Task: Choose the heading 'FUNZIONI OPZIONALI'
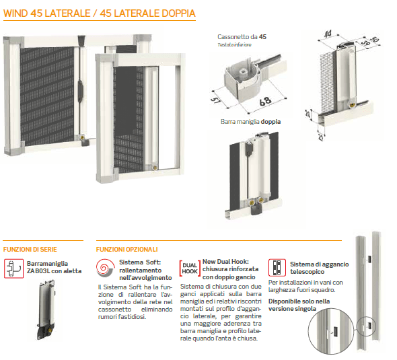(x=127, y=249)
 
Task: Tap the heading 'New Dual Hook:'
(x=225, y=262)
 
